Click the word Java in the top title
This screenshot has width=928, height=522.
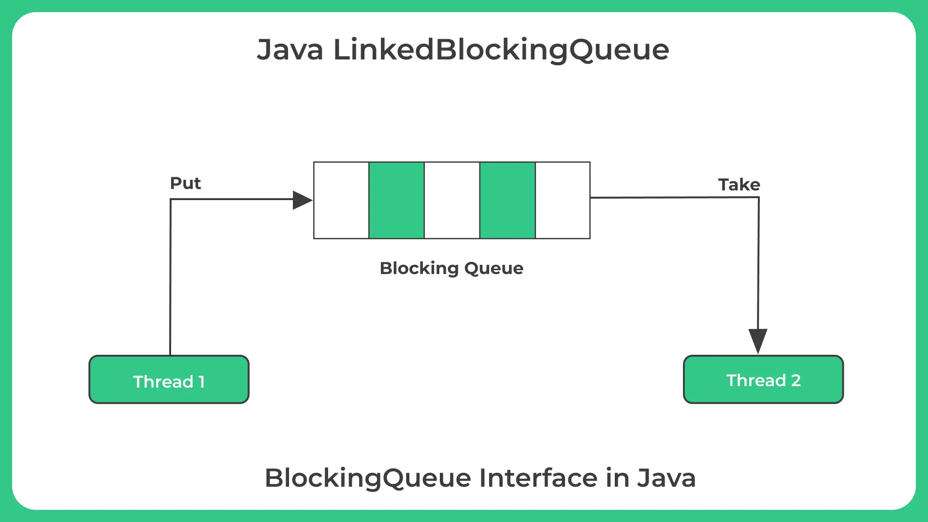pyautogui.click(x=290, y=49)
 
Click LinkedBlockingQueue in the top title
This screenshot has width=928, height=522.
pyautogui.click(x=501, y=50)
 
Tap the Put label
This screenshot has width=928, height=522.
pyautogui.click(x=185, y=183)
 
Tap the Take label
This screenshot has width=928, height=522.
pyautogui.click(x=739, y=185)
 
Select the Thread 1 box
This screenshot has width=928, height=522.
pyautogui.click(x=169, y=379)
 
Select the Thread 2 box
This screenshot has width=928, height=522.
pyautogui.click(x=764, y=379)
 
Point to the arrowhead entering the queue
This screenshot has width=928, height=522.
pyautogui.click(x=303, y=200)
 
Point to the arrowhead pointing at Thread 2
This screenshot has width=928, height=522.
pyautogui.click(x=758, y=341)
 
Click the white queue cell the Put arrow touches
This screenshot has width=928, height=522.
pyautogui.click(x=341, y=200)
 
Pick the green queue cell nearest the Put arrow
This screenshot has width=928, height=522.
pyautogui.click(x=397, y=200)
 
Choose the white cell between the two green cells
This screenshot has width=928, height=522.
pyautogui.click(x=452, y=200)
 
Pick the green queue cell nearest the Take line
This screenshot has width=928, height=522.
pyautogui.click(x=507, y=200)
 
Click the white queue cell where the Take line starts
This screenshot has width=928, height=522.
pyautogui.click(x=563, y=200)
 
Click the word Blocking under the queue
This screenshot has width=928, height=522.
pyautogui.click(x=419, y=269)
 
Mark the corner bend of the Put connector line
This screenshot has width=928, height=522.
pyautogui.click(x=171, y=199)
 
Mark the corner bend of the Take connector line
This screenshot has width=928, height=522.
pyautogui.click(x=759, y=197)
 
